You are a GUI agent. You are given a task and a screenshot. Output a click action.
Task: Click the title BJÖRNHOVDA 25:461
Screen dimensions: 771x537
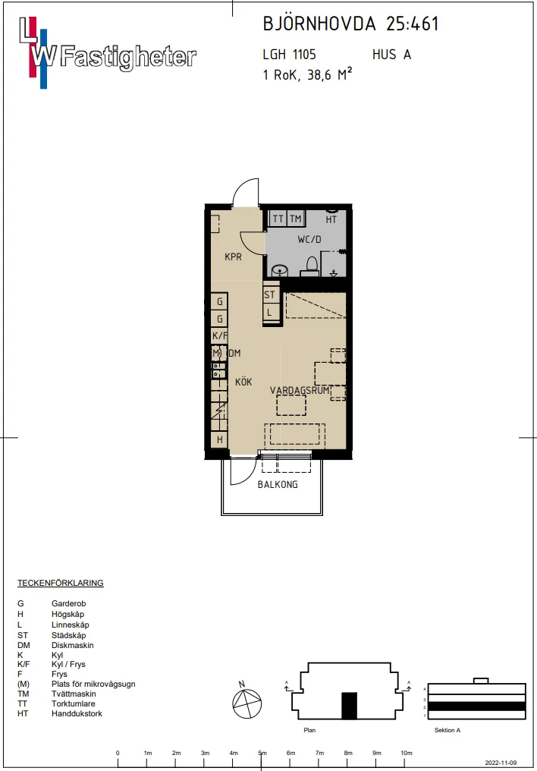coord(350,24)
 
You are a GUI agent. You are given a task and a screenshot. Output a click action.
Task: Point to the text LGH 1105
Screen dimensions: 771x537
coord(289,55)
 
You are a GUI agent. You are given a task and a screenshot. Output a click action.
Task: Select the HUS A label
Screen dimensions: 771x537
coord(391,55)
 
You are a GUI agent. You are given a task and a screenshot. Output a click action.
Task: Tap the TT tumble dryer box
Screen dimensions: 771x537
coord(278,219)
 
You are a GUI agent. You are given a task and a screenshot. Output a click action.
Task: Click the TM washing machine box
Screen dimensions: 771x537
coord(295,219)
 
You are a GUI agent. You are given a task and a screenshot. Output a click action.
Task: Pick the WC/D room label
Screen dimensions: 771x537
coord(309,240)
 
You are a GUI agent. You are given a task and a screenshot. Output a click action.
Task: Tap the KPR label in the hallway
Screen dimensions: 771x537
coord(233,257)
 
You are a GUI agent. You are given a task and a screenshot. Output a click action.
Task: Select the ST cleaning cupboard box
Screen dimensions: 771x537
coord(270,294)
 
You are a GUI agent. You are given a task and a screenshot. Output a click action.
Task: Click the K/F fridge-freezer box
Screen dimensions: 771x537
coord(219,336)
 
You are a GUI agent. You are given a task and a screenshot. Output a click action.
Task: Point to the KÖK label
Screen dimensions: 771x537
coord(243,382)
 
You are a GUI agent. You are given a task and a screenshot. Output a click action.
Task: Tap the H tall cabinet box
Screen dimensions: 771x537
coord(219,439)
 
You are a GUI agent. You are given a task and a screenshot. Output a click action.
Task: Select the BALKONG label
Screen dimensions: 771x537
coord(278,484)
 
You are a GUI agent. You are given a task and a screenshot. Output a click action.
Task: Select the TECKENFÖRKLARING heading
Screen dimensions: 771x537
coord(60,583)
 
